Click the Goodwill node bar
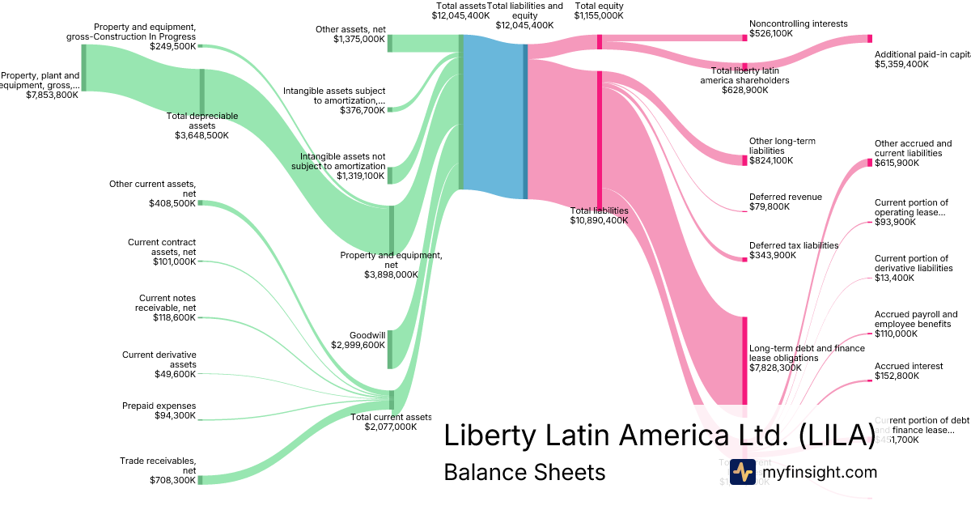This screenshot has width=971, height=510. pyautogui.click(x=391, y=350)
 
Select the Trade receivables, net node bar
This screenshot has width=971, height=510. pyautogui.click(x=200, y=480)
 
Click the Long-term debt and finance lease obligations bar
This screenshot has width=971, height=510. pyautogui.click(x=744, y=359)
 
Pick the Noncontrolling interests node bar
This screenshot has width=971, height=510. pyautogui.click(x=744, y=37)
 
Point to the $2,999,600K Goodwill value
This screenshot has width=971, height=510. pyautogui.click(x=358, y=345)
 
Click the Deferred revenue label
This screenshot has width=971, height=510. pyautogui.click(x=785, y=197)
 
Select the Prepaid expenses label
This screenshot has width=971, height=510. pyautogui.click(x=159, y=406)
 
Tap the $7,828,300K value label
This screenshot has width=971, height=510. pyautogui.click(x=775, y=368)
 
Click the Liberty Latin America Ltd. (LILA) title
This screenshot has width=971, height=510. pyautogui.click(x=659, y=435)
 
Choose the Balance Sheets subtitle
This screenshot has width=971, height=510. pyautogui.click(x=524, y=473)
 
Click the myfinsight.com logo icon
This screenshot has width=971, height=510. pyautogui.click(x=743, y=472)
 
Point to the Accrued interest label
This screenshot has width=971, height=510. pyautogui.click(x=909, y=366)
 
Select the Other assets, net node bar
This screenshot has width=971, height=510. pyautogui.click(x=389, y=43)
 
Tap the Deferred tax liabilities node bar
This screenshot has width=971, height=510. pyautogui.click(x=744, y=259)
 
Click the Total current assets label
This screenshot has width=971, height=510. pyautogui.click(x=391, y=417)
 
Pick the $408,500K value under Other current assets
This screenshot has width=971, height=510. pyautogui.click(x=172, y=203)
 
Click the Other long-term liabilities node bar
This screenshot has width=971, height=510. pyautogui.click(x=744, y=160)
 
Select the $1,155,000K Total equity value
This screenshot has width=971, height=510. pyautogui.click(x=599, y=15)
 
